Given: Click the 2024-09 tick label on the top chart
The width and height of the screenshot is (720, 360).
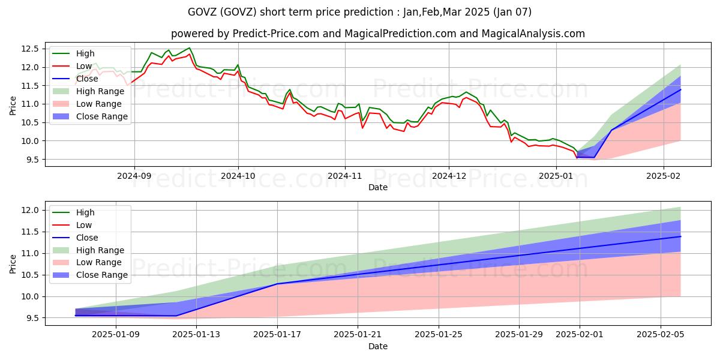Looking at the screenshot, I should (134, 176).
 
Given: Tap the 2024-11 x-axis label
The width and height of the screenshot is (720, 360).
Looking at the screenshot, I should (344, 176).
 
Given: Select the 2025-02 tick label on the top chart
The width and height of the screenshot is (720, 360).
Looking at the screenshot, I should (663, 176).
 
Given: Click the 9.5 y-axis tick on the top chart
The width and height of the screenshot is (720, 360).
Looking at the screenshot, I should (32, 160).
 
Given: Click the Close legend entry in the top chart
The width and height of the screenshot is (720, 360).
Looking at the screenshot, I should (88, 79).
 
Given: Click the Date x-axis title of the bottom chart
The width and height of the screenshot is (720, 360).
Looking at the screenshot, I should (377, 346).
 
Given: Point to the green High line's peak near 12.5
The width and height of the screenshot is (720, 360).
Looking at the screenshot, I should (190, 48).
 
